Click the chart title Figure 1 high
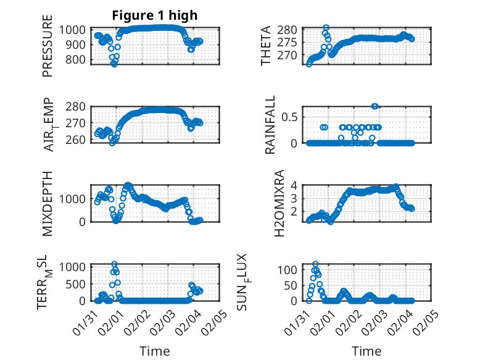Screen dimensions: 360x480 click(x=155, y=15)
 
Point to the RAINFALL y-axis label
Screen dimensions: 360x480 click(x=270, y=127)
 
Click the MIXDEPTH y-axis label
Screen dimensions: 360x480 click(x=48, y=204)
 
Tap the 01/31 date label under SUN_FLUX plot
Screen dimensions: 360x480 click(x=301, y=318)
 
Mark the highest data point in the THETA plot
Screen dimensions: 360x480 click(x=326, y=28)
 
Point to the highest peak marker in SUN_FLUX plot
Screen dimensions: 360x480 click(x=315, y=264)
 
